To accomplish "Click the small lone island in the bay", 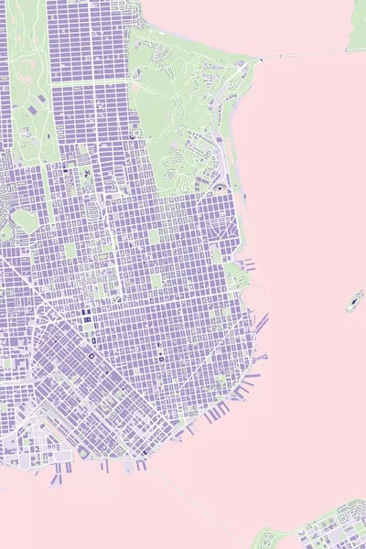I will [353, 301].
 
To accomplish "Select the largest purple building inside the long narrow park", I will [33, 111].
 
